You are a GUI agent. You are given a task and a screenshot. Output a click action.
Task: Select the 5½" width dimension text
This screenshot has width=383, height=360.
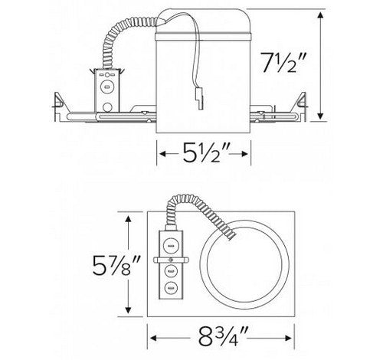coord(205,155)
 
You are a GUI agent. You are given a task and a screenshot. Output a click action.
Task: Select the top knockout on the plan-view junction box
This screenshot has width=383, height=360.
coord(171,244)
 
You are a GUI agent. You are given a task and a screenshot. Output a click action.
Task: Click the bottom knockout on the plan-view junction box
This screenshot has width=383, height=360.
coord(171,290)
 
